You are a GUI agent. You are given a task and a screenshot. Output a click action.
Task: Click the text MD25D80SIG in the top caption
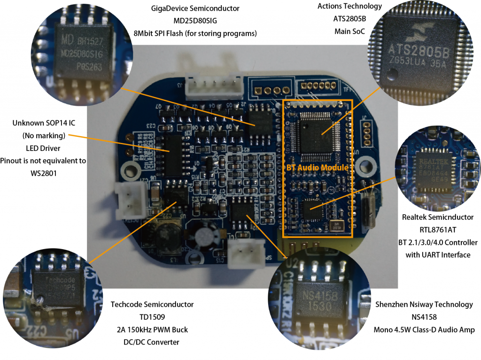coord(195,21)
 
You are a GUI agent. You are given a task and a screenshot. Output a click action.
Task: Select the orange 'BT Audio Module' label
coord(317,167)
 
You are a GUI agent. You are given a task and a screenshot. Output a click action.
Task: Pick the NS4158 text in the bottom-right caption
coord(424,317)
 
